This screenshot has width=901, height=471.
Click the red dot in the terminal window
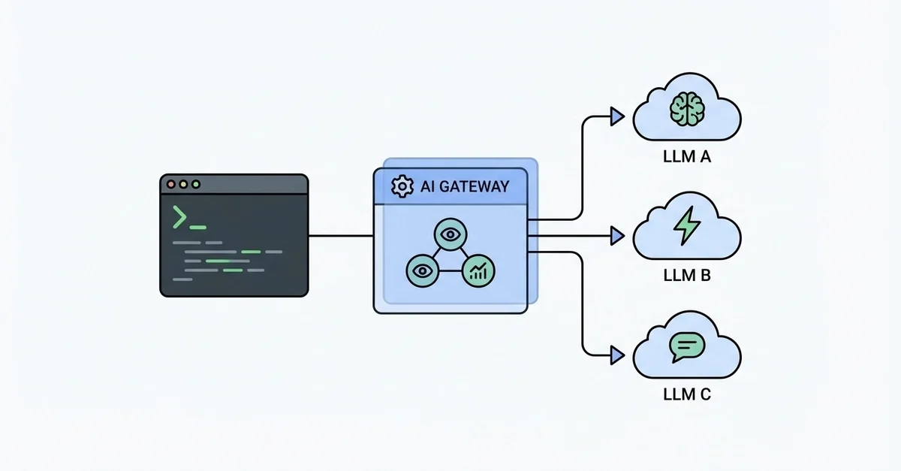pos(170,184)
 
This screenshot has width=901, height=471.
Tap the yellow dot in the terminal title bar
pos(183,184)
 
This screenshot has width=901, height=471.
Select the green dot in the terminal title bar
pos(196,184)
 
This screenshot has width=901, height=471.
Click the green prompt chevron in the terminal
pos(179,216)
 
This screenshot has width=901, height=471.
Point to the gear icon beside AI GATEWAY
pos(403,187)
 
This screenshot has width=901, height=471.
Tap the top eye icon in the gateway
pos(450,235)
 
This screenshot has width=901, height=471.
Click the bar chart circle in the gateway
pos(478,270)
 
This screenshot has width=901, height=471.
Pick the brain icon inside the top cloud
pos(687,109)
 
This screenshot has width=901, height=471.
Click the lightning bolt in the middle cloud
pos(687,226)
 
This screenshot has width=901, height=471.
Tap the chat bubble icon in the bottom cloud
pos(687,345)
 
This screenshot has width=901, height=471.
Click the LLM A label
pos(687,159)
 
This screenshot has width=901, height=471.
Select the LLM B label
pos(687,276)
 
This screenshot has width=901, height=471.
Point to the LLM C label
pos(687,394)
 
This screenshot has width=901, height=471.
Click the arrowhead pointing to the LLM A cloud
pos(617,116)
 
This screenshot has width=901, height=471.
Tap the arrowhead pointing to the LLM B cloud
pos(617,236)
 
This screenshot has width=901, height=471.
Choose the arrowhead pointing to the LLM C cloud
pos(617,353)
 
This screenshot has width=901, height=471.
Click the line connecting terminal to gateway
pos(341,236)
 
